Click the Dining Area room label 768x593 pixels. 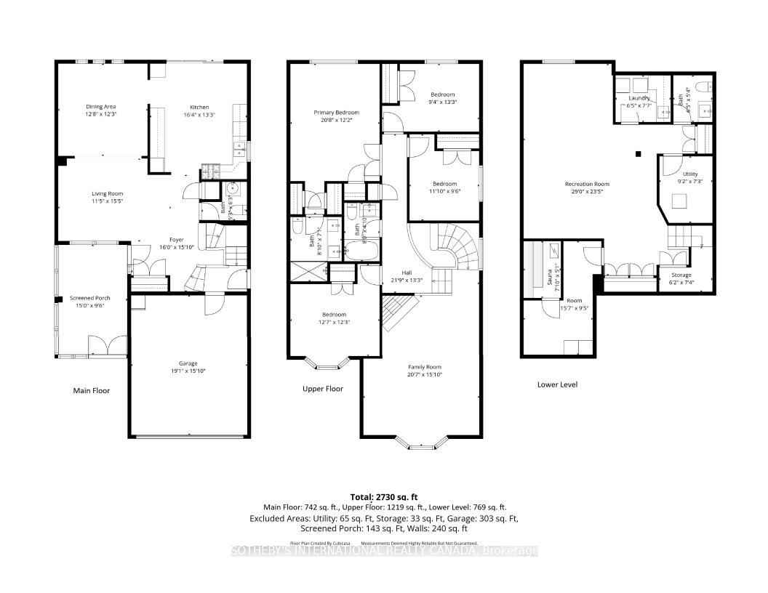coord(101,107)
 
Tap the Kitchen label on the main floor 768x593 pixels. coord(199,107)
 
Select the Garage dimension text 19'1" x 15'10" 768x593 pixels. coord(188,371)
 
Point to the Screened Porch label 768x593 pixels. coord(91,298)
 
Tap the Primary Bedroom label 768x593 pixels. coord(335,113)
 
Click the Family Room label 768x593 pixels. coord(424,367)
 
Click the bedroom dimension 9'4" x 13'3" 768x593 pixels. coord(442,102)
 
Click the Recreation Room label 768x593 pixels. coord(587,184)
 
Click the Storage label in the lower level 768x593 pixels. coord(681,275)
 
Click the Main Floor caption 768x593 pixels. coord(91,391)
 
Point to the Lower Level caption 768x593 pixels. coord(557,384)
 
